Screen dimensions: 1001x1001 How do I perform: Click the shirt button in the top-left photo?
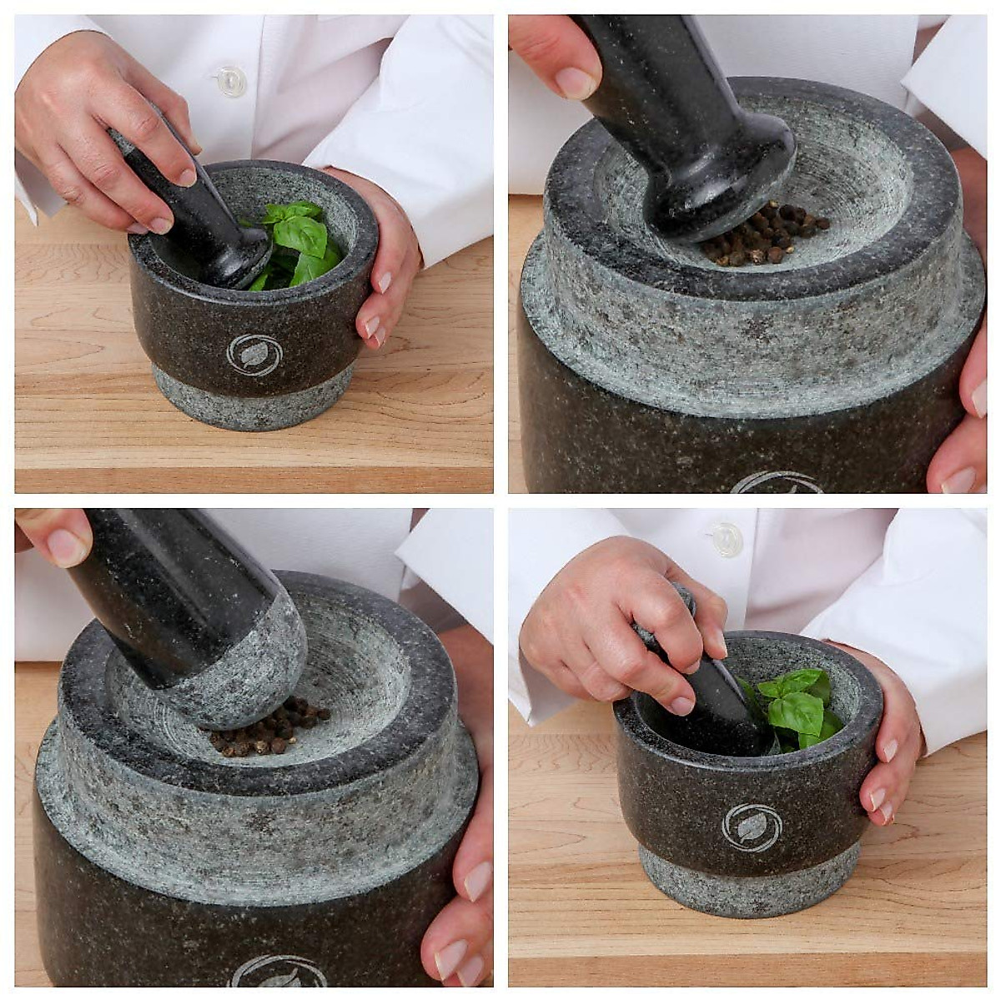tap(231, 82)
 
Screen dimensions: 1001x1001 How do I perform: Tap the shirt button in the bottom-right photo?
tap(726, 540)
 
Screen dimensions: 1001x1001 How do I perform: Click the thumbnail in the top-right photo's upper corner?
tap(576, 82)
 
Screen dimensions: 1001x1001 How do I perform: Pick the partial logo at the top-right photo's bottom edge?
tap(776, 483)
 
